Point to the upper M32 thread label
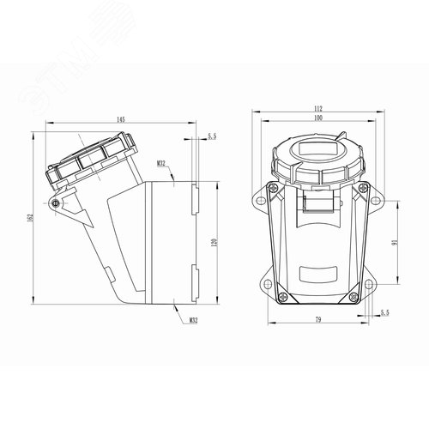pos(161,162)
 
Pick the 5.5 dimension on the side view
pos(212,136)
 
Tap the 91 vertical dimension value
pos(394,243)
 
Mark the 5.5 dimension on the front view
pos(384,314)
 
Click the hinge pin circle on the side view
pos(57,203)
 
